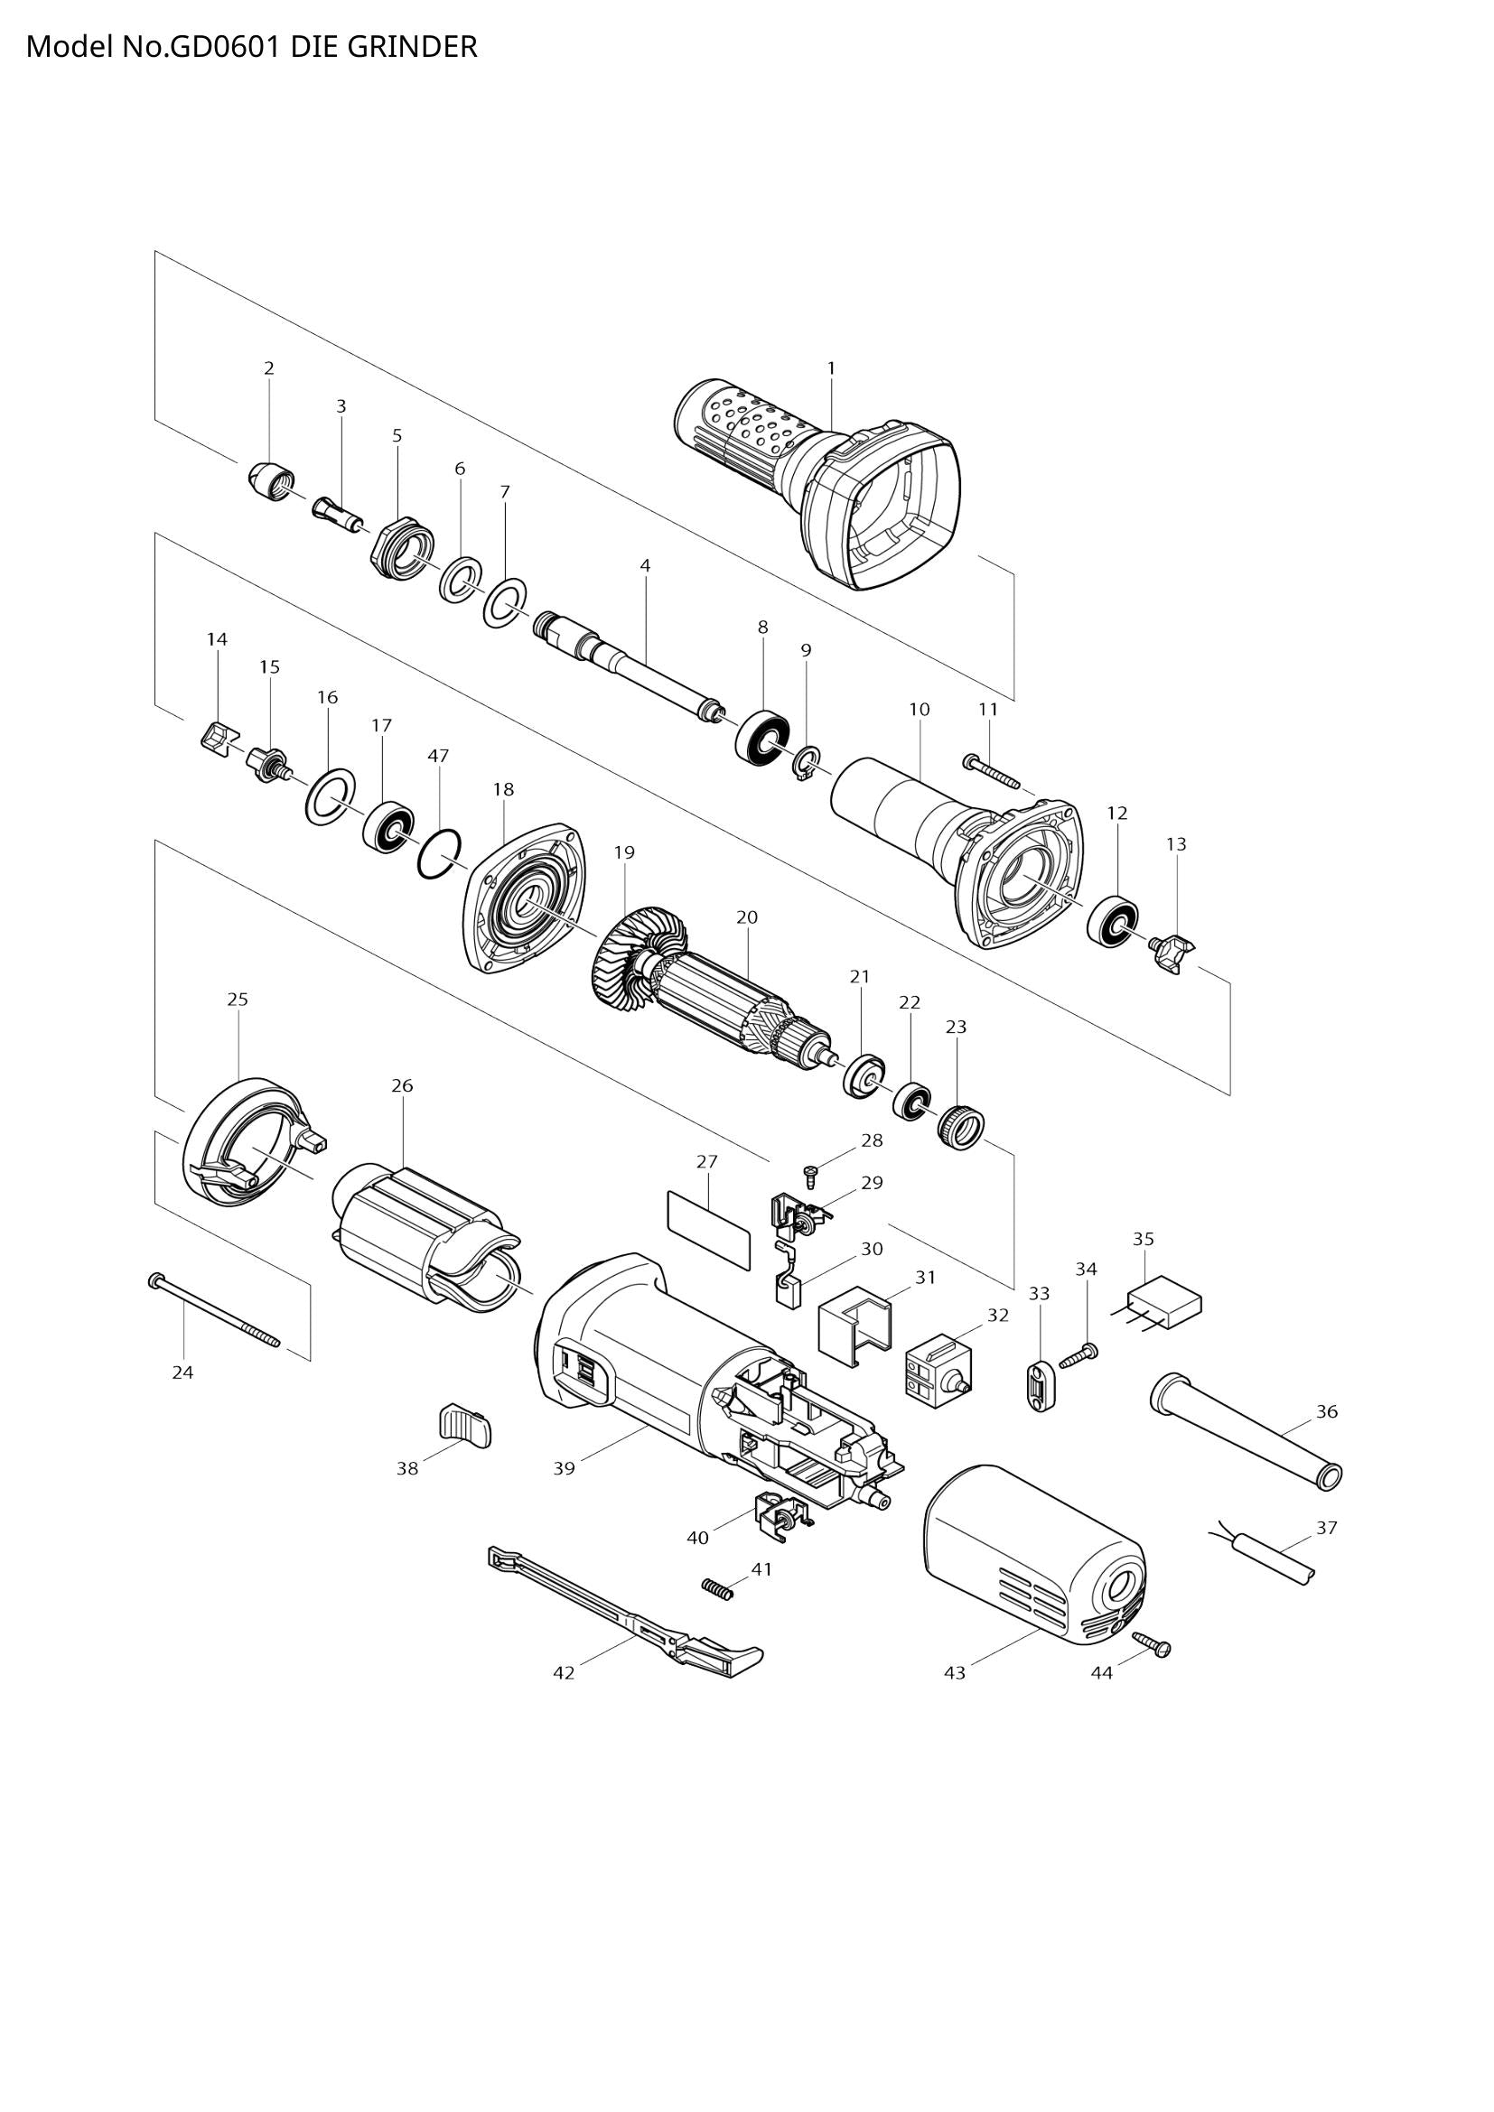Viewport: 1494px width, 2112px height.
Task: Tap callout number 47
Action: [438, 755]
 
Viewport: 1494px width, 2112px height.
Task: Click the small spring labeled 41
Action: [717, 1587]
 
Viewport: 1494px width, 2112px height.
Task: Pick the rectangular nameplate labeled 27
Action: [708, 1227]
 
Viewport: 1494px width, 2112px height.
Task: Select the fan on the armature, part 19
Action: [635, 964]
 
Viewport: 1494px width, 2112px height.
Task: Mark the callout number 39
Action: [564, 1469]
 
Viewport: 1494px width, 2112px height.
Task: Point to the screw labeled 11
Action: [992, 771]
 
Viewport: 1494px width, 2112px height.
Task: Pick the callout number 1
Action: [831, 368]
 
